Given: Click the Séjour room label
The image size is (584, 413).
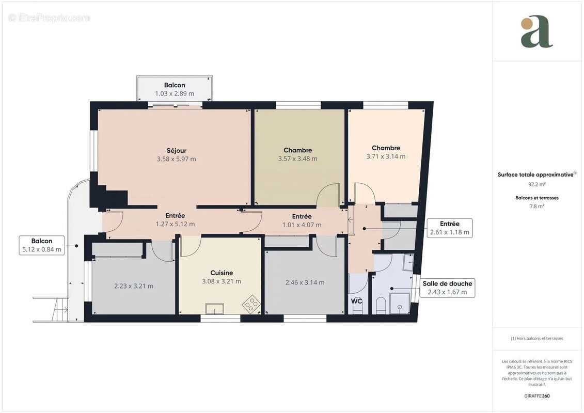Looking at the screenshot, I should pos(176,150).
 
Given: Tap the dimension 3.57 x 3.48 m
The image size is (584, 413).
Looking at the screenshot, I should pos(297,159).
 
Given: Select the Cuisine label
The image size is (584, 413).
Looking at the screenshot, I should pos(222,273).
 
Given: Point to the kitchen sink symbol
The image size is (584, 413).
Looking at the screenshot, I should pos(214,309).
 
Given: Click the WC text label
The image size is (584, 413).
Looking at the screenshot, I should pos(356,300).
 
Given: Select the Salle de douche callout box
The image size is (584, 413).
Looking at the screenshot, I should pos(447,288).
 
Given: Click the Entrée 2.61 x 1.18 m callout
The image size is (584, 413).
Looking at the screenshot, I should pos(449,228).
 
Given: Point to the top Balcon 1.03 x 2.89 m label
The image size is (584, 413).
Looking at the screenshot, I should pos(175,89).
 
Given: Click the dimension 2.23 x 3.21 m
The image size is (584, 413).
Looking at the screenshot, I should pos(134,286).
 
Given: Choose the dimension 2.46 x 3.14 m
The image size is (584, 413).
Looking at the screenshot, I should pos(305,282).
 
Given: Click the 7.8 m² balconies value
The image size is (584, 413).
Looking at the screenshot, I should pos(537,206).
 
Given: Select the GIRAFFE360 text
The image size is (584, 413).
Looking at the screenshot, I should pos(537,396).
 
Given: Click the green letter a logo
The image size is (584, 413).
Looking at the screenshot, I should pos(537,33).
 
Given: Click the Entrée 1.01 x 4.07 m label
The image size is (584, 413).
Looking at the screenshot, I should pos(302,221).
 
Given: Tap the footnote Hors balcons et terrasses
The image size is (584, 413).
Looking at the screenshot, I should pos(537,339).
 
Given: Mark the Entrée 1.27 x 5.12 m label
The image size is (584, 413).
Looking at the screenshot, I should pos(175,220).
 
